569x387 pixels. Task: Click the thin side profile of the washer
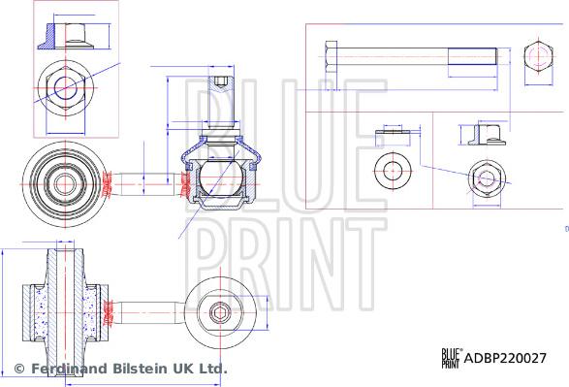[x=394, y=131]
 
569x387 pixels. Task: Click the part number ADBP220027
[x=505, y=357]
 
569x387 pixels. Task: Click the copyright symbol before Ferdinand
[x=18, y=370]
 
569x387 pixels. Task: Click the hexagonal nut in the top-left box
[x=66, y=87]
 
